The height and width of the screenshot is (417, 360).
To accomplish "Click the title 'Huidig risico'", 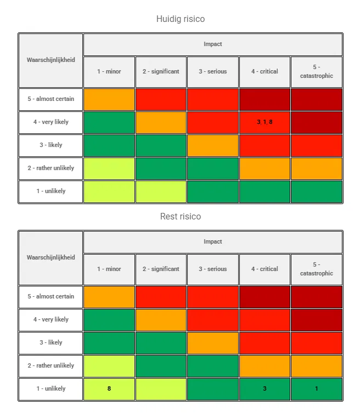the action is pos(181,19).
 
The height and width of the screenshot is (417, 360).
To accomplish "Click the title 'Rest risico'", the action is pos(181,217).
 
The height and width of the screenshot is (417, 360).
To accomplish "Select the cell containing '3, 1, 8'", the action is pos(265,122).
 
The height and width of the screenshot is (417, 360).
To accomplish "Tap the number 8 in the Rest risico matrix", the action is pos(109,388).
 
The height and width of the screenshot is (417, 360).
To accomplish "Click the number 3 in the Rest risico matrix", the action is pos(265,388).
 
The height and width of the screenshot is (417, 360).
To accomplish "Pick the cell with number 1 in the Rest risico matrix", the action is pos(316,388).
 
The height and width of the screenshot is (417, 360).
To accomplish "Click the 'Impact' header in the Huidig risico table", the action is pos(212,44).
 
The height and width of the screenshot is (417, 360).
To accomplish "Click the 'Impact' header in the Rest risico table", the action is pos(212,242).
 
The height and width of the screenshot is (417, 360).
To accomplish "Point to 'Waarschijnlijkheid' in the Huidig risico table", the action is pos(51,60).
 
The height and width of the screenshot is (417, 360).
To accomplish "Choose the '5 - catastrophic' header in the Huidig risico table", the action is pos(316,71).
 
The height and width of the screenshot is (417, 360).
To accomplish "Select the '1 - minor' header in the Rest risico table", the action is pos(109,269).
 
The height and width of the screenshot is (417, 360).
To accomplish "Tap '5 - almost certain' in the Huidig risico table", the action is pos(51,99).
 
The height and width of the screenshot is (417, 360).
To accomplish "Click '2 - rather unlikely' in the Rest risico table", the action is pos(51,365).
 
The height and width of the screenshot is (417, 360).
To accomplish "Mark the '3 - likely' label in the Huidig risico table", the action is pos(51,145).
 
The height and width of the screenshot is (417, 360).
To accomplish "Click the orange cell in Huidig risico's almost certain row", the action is pos(109,99).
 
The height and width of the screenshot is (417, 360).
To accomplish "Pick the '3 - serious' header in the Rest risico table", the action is pos(212,269).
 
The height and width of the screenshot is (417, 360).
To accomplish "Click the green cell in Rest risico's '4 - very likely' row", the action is pos(109,320).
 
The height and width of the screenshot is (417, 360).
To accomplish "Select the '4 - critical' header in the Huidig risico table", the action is pos(265,71).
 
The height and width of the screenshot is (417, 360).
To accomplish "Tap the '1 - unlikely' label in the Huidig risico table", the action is pos(51,191).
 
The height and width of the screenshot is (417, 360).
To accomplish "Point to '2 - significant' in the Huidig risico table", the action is pos(161,71).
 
